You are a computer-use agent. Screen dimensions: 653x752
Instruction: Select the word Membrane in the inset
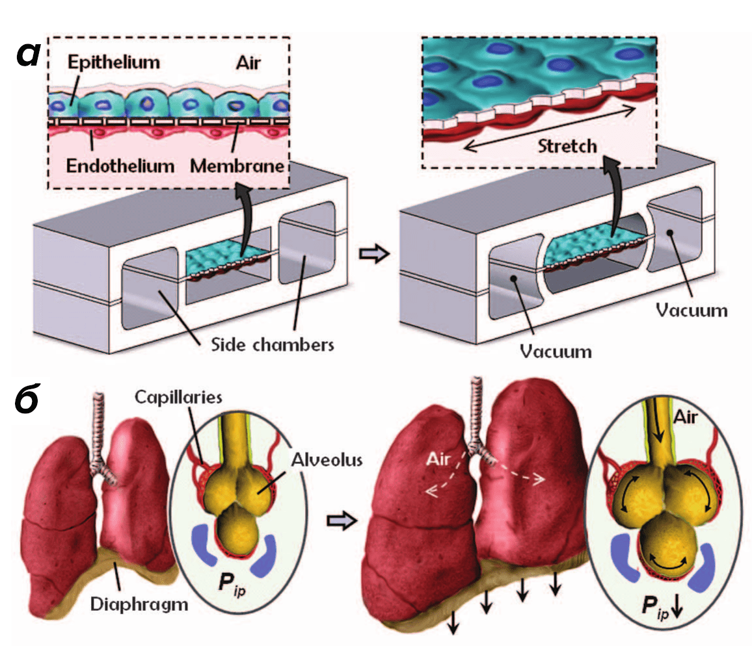click(237, 166)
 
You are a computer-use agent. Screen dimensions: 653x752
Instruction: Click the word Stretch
click(567, 146)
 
